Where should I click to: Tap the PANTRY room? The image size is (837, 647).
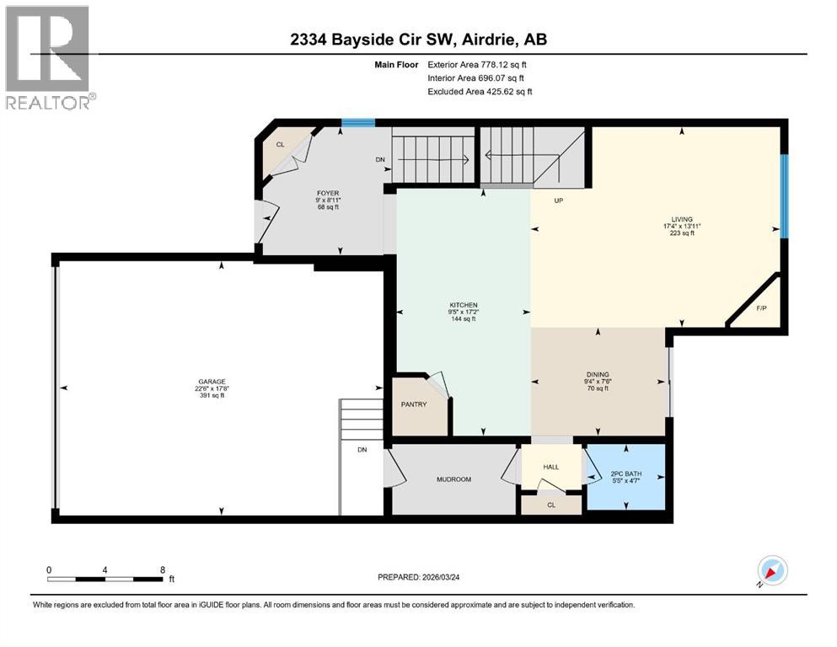[x=413, y=404]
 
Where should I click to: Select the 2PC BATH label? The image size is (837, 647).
[x=626, y=475]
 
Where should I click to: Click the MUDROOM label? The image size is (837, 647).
[x=453, y=479]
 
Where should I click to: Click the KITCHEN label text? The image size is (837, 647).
[x=464, y=305]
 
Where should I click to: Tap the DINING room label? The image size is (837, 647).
[x=598, y=375]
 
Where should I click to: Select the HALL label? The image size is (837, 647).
[x=550, y=466]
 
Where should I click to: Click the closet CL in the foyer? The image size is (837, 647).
[x=279, y=145]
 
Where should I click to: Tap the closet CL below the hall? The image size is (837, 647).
[x=550, y=505]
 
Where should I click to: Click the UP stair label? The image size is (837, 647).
[x=557, y=201]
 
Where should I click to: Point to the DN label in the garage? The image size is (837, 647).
[x=362, y=450]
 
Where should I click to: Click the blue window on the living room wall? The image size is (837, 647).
[x=783, y=195]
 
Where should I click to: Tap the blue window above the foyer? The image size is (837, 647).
[x=357, y=123]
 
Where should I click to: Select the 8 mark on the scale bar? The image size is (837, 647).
[x=162, y=570]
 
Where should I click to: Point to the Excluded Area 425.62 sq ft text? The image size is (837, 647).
[x=480, y=91]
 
